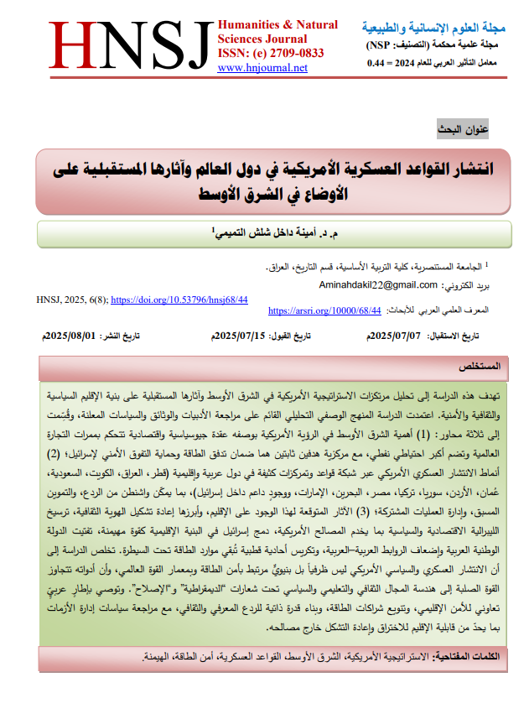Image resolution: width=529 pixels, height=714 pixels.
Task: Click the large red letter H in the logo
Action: click(74, 47)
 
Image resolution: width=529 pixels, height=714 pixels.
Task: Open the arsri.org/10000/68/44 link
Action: click(324, 310)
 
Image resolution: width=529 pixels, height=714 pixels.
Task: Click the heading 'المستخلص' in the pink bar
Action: click(480, 367)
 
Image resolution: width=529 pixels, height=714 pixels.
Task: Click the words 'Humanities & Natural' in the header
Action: click(277, 25)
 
